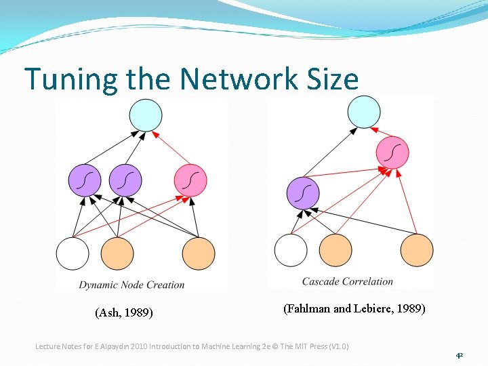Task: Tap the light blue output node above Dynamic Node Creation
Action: [146, 115]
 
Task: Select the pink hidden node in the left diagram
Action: [190, 180]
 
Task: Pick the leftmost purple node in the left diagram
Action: [85, 180]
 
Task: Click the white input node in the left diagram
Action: [73, 253]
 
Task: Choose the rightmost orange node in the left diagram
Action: [199, 253]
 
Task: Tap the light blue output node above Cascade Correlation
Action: [364, 112]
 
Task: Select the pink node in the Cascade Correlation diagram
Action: [392, 153]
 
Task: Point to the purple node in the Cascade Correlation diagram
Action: [303, 192]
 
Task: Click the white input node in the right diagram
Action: [291, 249]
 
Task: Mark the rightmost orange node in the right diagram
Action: [417, 249]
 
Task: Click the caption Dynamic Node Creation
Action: [131, 285]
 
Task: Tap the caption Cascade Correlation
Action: [347, 281]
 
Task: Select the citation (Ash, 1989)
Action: [124, 312]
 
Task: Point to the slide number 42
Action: [459, 355]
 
